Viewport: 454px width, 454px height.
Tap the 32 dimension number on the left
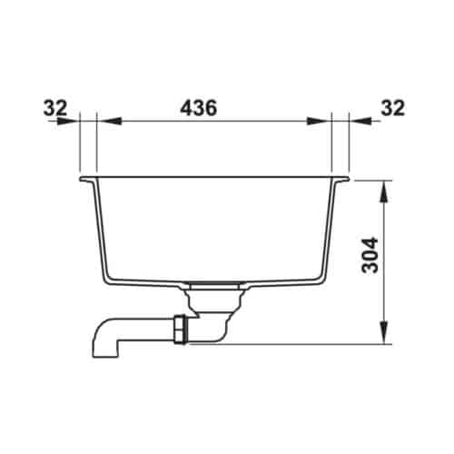56,107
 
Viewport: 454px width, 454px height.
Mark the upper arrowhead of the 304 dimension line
386,188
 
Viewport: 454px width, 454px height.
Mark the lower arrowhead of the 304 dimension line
386,337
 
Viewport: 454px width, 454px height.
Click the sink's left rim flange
88,180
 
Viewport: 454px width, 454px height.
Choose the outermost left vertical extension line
81,145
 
